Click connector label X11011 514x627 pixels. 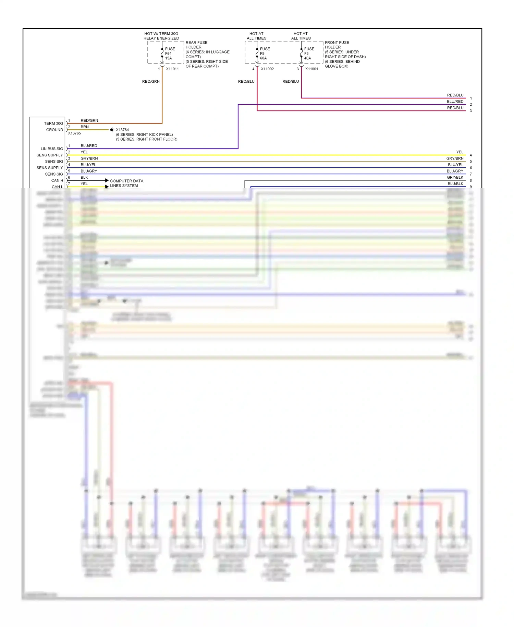click(172, 69)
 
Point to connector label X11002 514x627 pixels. click(267, 69)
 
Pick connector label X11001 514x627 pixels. click(311, 69)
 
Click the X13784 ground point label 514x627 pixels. click(122, 130)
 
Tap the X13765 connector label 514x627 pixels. click(74, 133)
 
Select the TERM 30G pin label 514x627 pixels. click(53, 123)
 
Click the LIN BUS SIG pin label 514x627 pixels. click(52, 149)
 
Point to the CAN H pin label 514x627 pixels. click(57, 180)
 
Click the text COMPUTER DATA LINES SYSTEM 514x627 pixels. click(126, 183)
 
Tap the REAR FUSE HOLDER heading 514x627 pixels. click(196, 45)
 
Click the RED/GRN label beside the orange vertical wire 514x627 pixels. click(151, 82)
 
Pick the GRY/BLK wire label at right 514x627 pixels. click(455, 177)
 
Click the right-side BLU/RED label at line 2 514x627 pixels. click(455, 102)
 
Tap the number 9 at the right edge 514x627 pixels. click(471, 187)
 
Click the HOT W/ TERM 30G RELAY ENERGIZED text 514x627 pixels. click(161, 36)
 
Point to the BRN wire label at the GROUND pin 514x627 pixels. click(85, 127)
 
